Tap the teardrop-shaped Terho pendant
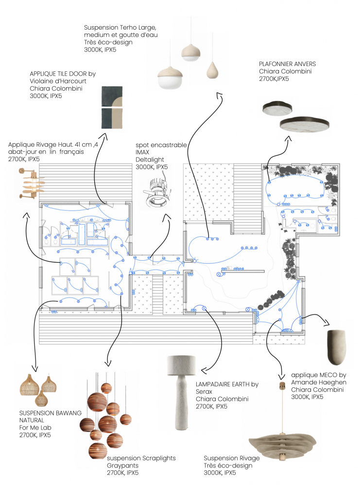click(x=212, y=70)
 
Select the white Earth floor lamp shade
click(x=181, y=361)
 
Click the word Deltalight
click(x=150, y=159)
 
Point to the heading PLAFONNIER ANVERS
click(x=287, y=64)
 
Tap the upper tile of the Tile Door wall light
click(x=112, y=97)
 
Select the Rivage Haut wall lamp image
click(x=32, y=184)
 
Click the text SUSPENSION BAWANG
click(x=51, y=413)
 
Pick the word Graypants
click(x=123, y=465)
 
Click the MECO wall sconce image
click(x=336, y=348)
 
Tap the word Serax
click(x=204, y=392)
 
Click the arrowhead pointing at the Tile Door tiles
click(x=103, y=136)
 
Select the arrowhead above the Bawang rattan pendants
click(x=35, y=368)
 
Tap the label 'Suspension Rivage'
click(x=232, y=458)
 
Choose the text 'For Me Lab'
click(x=35, y=428)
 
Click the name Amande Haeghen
click(x=319, y=382)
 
